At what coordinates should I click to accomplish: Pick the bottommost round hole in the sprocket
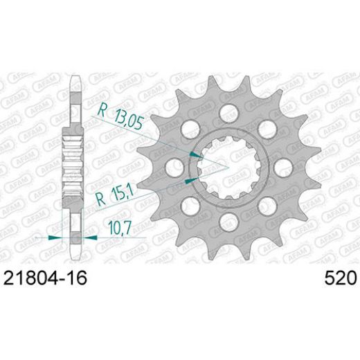point(225,222)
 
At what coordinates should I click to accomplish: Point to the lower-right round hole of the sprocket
point(264,205)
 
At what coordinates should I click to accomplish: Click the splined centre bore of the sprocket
point(225,165)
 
